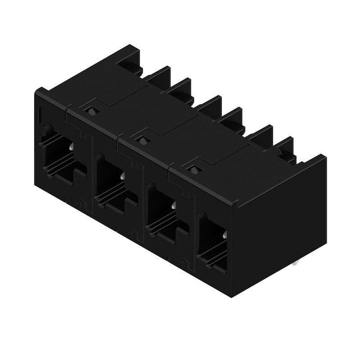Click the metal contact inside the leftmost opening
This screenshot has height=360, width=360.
click(72, 147)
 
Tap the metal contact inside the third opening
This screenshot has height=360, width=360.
click(173, 205)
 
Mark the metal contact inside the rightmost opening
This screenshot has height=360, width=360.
click(224, 234)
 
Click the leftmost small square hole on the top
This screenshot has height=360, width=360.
click(91, 111)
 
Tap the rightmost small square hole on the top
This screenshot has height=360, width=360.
click(194, 170)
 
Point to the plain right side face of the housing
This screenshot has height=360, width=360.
click(279, 225)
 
